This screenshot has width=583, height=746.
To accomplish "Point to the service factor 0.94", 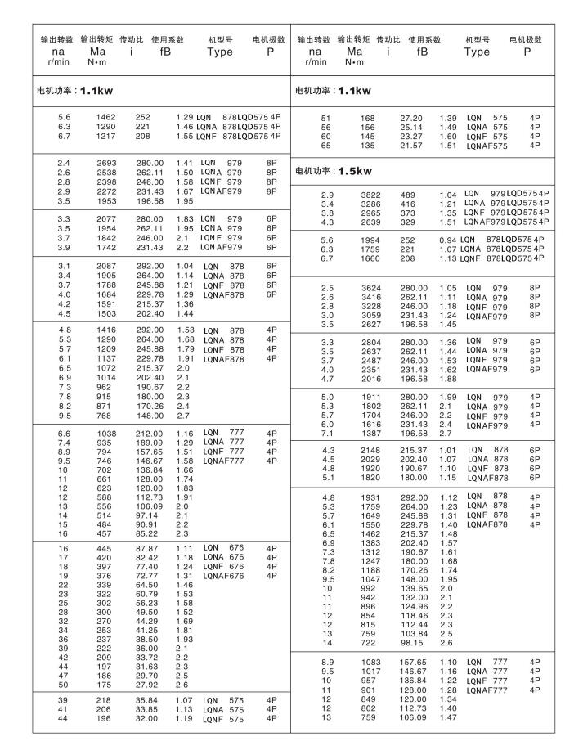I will coord(446,240).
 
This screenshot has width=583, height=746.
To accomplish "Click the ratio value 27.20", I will coord(411,119).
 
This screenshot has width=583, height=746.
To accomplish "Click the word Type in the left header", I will coord(220,52).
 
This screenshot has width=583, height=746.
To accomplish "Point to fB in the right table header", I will coord(424,52).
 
